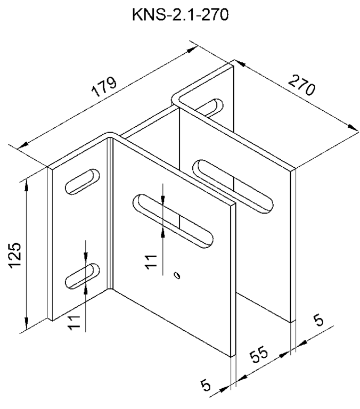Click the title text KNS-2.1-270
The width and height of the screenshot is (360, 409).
[181, 15]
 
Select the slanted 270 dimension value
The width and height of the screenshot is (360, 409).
[301, 85]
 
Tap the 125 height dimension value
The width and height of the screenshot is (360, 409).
[14, 255]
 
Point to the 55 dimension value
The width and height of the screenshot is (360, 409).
[259, 356]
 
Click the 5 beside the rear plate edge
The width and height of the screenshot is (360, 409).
[319, 320]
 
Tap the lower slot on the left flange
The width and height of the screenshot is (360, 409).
[83, 276]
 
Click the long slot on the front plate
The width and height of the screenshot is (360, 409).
[173, 221]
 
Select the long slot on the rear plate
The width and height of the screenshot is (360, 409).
[233, 186]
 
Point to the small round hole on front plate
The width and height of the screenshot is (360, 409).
[177, 275]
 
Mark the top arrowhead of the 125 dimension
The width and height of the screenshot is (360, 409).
[26, 186]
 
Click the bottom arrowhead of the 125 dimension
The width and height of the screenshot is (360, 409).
[26, 323]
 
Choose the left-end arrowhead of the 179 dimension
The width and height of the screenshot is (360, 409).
[23, 145]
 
